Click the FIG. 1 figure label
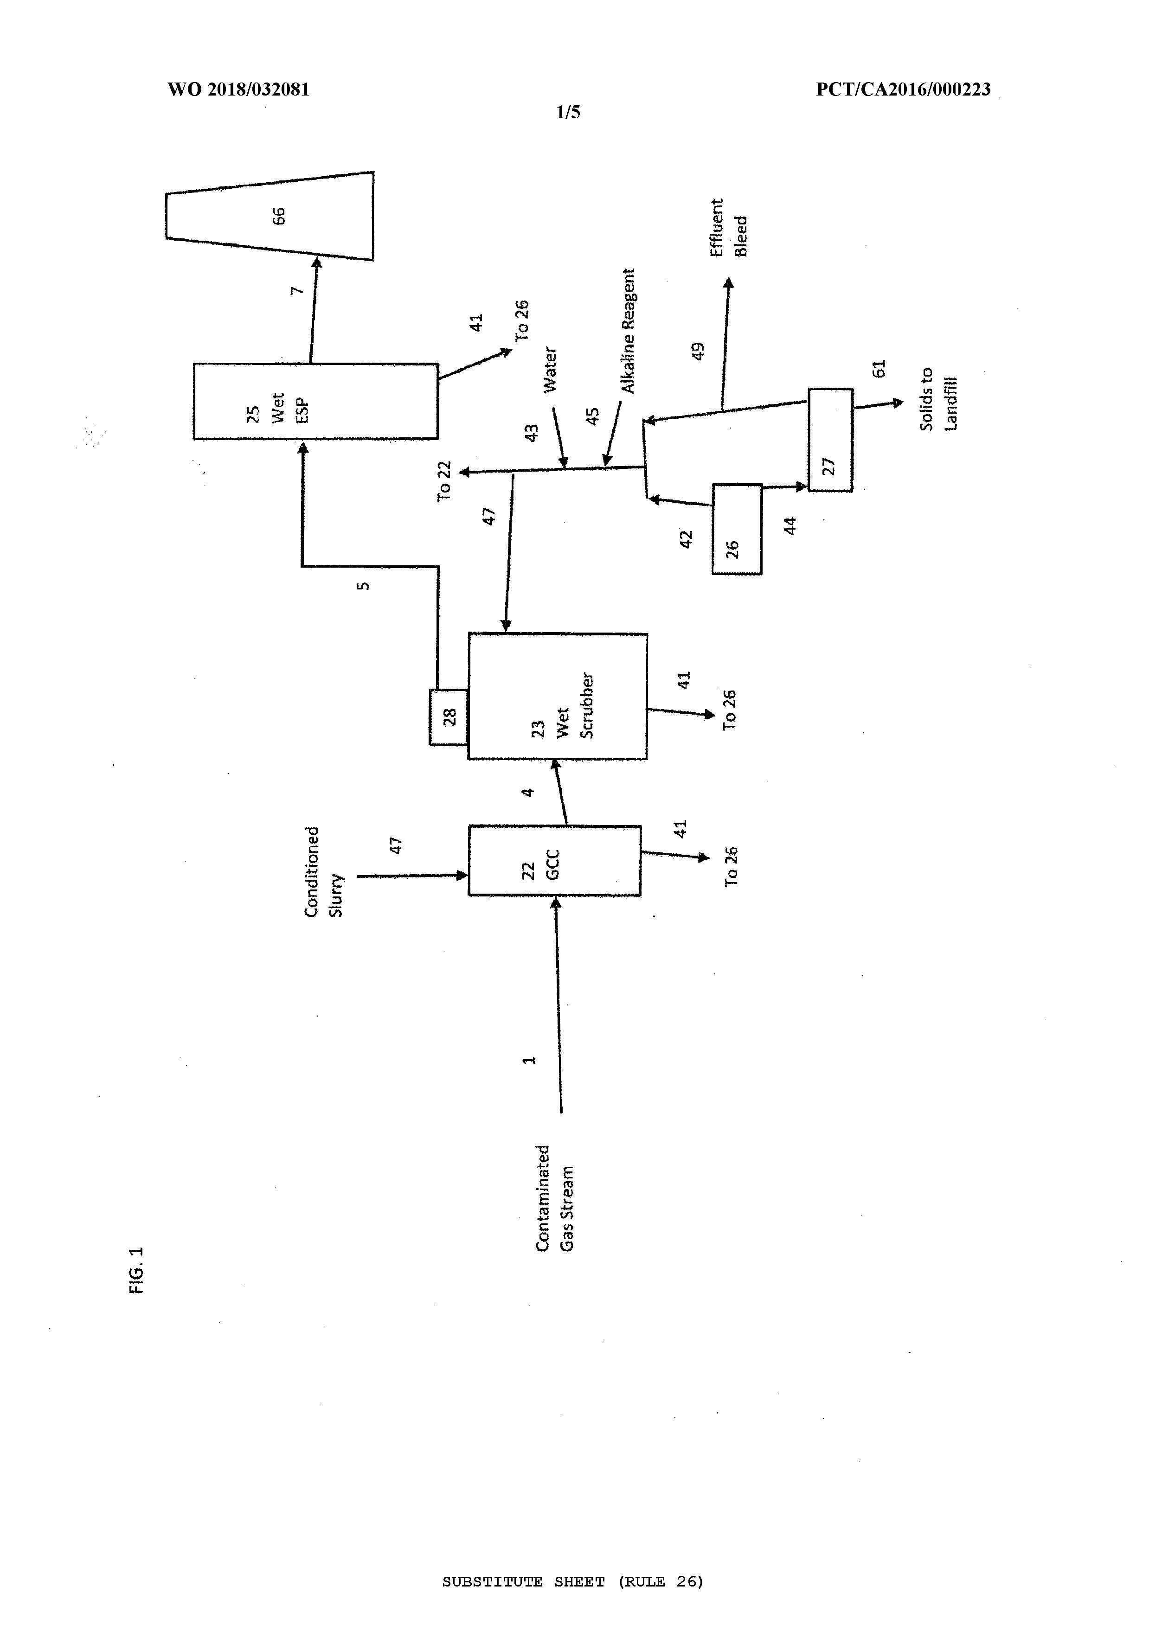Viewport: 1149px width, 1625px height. click(x=137, y=1270)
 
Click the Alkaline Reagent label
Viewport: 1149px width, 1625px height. click(x=628, y=331)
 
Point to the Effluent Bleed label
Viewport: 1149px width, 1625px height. click(x=728, y=227)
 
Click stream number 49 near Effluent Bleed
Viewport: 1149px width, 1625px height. click(x=698, y=352)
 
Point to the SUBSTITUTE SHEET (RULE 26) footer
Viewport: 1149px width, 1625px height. click(x=573, y=1582)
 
